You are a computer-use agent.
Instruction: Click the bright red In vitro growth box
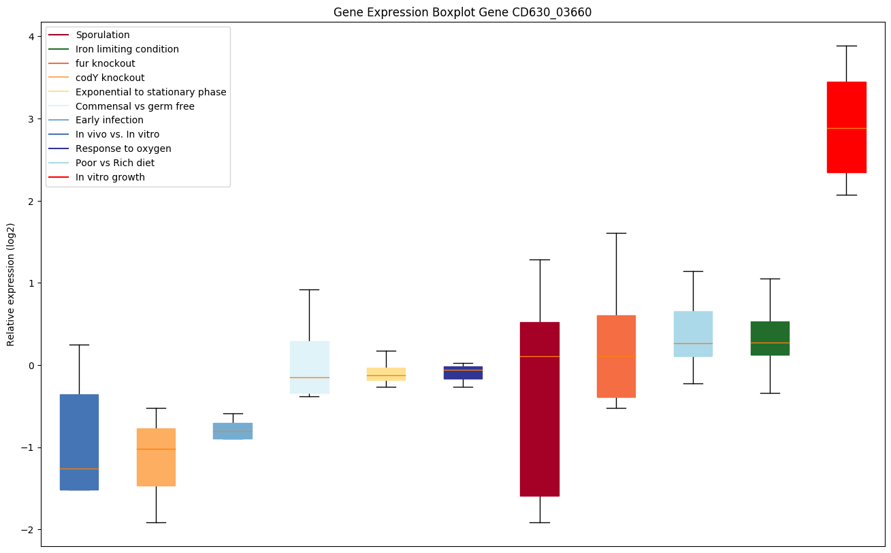pyautogui.click(x=846, y=127)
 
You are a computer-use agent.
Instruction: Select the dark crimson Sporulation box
pyautogui.click(x=540, y=409)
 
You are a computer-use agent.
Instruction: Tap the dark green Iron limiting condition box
pyautogui.click(x=770, y=338)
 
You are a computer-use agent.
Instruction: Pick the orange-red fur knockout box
pyautogui.click(x=616, y=356)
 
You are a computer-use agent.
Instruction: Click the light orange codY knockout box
pyautogui.click(x=156, y=457)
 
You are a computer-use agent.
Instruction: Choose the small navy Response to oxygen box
pyautogui.click(x=463, y=373)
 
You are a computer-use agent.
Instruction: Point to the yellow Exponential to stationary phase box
pyautogui.click(x=386, y=374)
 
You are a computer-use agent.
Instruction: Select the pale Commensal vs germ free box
pyautogui.click(x=309, y=367)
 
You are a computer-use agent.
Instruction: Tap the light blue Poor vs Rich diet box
pyautogui.click(x=693, y=334)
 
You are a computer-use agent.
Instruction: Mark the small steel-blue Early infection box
pyautogui.click(x=233, y=430)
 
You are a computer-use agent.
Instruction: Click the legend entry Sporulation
pyautogui.click(x=103, y=35)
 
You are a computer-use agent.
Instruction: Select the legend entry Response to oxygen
pyautogui.click(x=123, y=148)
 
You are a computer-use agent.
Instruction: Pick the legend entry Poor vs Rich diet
pyautogui.click(x=115, y=163)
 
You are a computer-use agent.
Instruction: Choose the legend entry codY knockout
pyautogui.click(x=110, y=78)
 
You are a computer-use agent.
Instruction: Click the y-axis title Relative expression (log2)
pyautogui.click(x=11, y=284)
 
